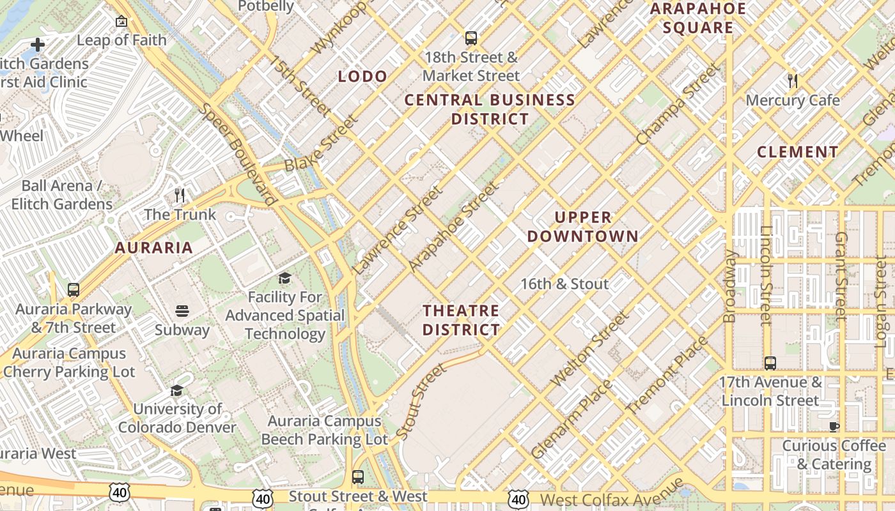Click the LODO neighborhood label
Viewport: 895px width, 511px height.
pos(362,77)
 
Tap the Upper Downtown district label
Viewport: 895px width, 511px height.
pos(582,227)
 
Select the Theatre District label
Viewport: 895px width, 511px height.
pos(461,320)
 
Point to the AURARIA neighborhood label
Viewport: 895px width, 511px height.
pos(153,248)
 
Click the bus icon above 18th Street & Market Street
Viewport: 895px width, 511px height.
pos(471,38)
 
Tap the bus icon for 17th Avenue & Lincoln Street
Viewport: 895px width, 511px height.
pos(770,363)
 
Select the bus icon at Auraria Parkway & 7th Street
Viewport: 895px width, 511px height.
pos(74,290)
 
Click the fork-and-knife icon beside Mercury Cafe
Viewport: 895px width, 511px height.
pos(793,81)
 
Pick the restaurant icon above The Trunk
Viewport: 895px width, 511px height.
pos(180,195)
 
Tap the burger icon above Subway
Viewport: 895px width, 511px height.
pos(182,311)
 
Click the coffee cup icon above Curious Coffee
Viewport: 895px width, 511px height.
pos(834,427)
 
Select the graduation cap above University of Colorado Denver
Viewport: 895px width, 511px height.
pos(177,390)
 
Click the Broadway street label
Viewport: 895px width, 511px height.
pos(730,286)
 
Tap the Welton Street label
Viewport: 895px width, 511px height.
pos(591,349)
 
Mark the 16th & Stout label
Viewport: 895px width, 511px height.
pos(564,284)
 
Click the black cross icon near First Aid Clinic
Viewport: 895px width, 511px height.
pos(38,45)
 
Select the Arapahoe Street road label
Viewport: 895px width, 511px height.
pos(453,226)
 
